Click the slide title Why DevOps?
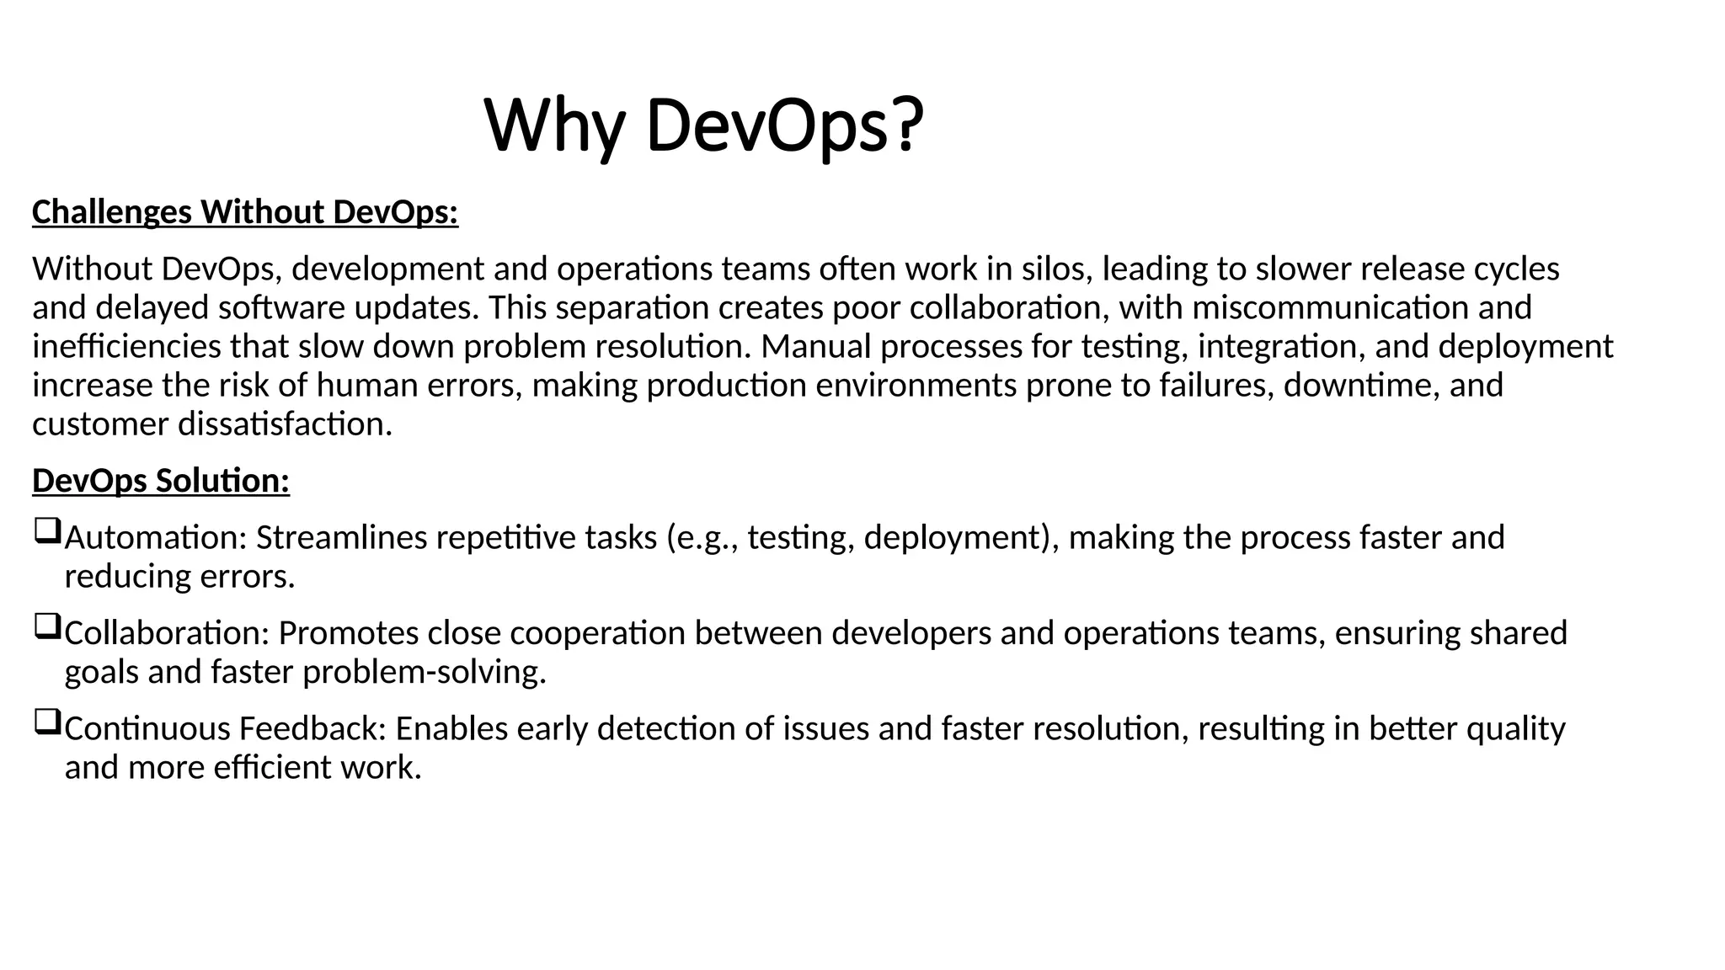click(704, 126)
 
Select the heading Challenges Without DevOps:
click(244, 212)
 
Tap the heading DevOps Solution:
click(161, 481)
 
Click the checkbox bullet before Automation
click(47, 532)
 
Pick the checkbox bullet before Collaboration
click(47, 627)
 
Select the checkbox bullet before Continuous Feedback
click(47, 722)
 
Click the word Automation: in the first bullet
click(156, 538)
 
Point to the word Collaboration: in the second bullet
click(167, 633)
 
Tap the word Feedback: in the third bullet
click(312, 729)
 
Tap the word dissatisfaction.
click(285, 424)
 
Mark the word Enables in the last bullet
click(451, 729)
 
